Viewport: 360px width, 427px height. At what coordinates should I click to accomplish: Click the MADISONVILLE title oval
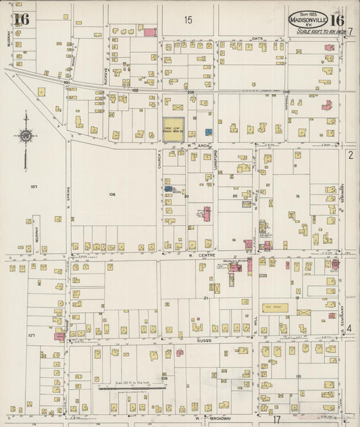pos(309,18)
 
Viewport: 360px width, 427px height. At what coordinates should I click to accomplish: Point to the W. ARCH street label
pos(196,144)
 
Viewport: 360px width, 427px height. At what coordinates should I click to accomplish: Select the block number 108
pos(112,194)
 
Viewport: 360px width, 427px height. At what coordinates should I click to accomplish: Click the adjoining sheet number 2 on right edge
pos(351,155)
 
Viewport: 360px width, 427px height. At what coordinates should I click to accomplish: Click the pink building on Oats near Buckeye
pos(149,32)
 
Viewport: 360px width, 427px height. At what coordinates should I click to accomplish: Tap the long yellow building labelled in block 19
pos(276,307)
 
